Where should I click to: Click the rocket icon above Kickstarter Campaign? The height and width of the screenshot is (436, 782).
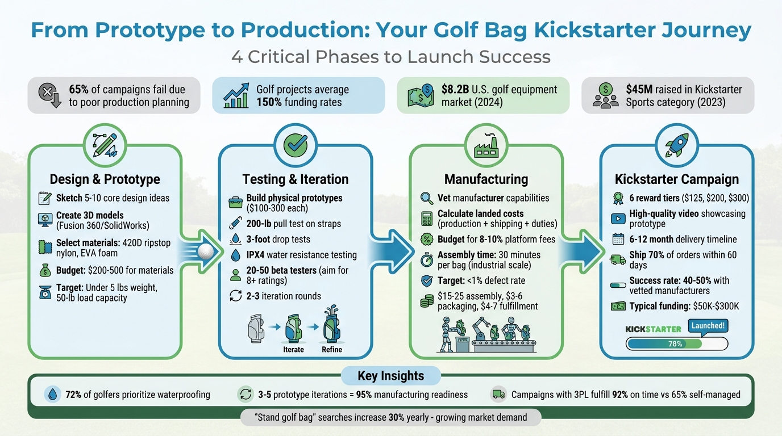tap(676, 145)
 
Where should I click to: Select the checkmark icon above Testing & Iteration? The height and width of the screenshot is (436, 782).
tap(296, 145)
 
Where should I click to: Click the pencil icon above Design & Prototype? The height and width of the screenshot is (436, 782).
tap(105, 145)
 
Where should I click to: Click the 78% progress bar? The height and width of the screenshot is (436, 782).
tap(676, 343)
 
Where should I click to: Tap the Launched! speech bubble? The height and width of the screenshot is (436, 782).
tap(708, 326)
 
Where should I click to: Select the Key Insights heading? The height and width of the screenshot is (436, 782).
tap(390, 376)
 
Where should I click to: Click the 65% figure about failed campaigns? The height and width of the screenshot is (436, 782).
tap(80, 90)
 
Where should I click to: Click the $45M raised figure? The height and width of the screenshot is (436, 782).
tap(639, 90)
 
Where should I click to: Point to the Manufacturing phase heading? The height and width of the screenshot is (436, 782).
tap(486, 179)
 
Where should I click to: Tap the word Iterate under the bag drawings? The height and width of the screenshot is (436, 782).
tap(293, 349)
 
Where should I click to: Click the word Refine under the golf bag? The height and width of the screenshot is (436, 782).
tap(332, 349)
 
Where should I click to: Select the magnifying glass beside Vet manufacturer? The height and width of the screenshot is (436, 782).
tap(426, 198)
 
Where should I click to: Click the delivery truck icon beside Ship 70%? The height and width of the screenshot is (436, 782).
tap(618, 259)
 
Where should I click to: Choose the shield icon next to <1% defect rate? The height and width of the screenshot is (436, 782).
tap(426, 280)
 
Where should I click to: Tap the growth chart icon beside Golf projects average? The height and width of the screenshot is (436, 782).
tap(236, 95)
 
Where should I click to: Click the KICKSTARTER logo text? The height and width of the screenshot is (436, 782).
tap(653, 329)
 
